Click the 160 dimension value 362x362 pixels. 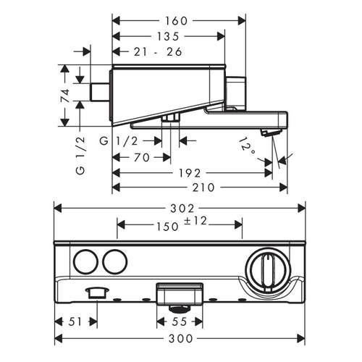tap(172, 21)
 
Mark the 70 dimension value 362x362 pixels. tap(141, 156)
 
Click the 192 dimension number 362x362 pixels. tap(193, 174)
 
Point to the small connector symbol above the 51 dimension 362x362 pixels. tap(93, 292)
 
